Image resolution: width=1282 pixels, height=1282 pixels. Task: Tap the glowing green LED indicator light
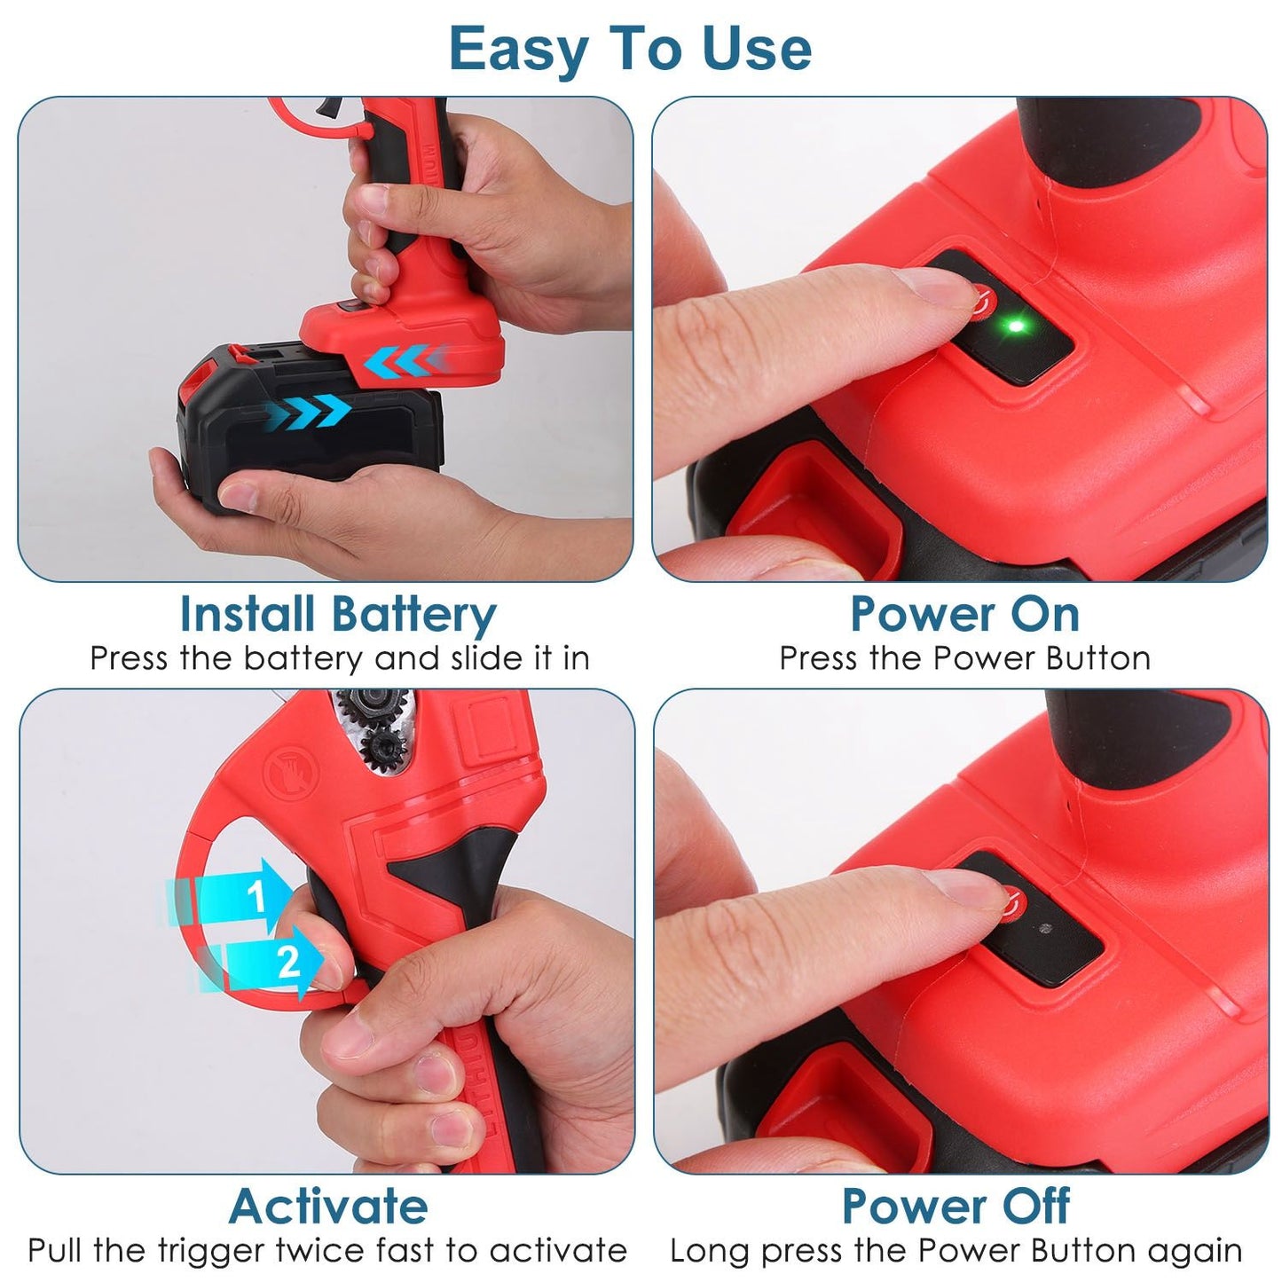pos(1015,326)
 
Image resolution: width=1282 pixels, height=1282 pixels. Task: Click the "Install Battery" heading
pos(338,614)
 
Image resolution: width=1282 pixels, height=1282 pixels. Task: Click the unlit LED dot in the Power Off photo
pos(1045,928)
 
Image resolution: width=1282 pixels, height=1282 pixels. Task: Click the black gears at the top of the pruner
pos(374,728)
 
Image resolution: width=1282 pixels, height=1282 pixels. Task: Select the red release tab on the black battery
pos(198,380)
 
